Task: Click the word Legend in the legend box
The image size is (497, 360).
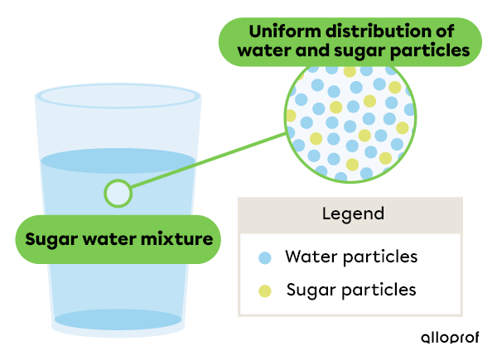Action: (353, 214)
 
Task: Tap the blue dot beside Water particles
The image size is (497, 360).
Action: (265, 257)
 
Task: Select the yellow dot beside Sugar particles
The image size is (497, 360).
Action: (265, 290)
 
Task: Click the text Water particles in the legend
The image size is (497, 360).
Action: (350, 257)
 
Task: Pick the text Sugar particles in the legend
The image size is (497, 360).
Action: (350, 290)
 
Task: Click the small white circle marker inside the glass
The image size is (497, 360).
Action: (118, 194)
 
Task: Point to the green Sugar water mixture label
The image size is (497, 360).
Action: (119, 240)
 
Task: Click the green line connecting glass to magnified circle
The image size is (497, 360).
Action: (207, 161)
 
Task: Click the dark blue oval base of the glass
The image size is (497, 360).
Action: (118, 319)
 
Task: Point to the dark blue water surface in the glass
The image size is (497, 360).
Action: (118, 161)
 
